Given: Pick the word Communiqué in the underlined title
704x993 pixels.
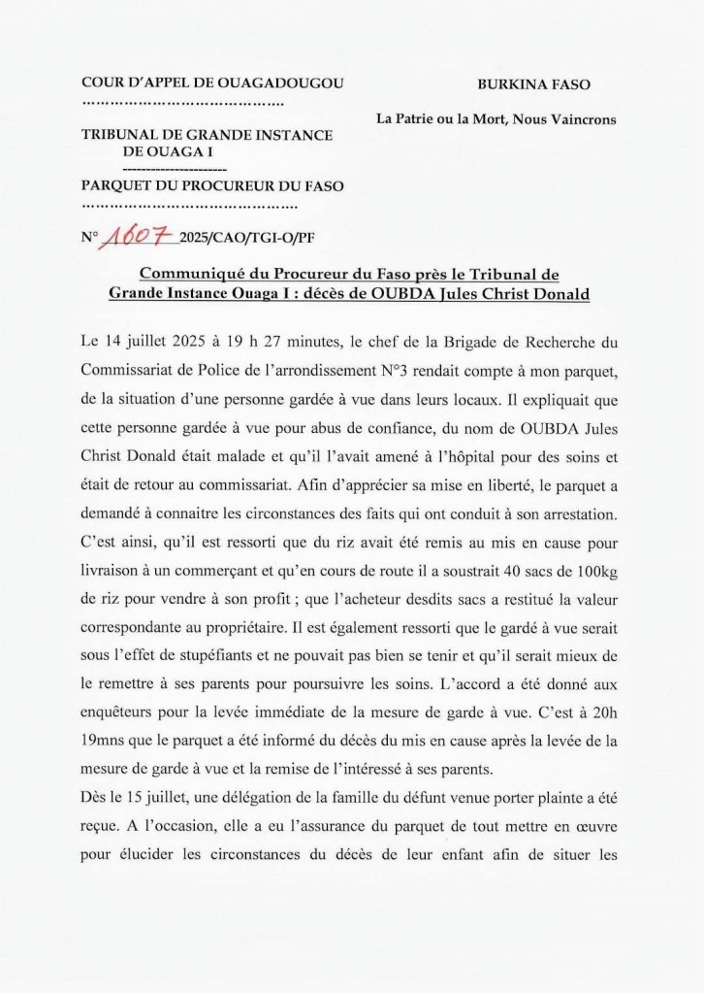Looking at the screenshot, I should [x=198, y=275].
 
